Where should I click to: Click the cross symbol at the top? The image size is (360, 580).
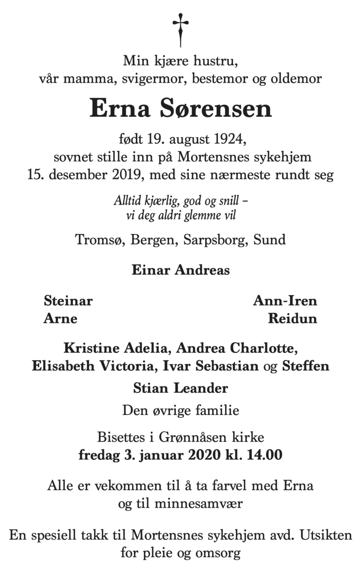pos(180,29)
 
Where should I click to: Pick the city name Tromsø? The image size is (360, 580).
pos(100,240)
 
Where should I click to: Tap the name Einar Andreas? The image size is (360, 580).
pos(180,270)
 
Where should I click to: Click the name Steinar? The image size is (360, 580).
pos(68,301)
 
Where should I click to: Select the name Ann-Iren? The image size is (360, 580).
pos(285,301)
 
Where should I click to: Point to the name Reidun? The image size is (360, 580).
pos(292,319)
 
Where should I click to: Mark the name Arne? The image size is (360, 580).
pos(60,319)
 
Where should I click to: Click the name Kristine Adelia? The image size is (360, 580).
pos(112,349)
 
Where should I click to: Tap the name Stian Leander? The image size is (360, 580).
pos(180,388)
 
